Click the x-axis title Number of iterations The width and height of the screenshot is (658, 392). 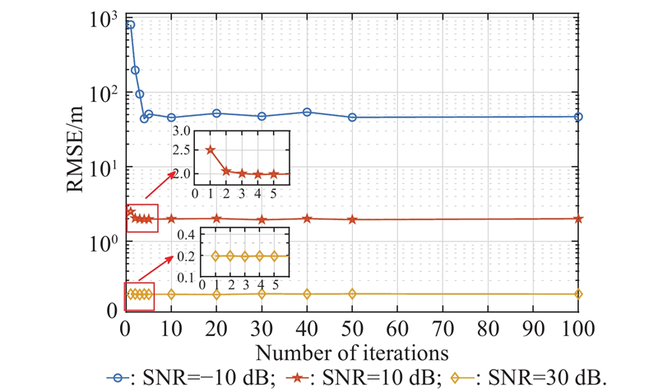(x=352, y=353)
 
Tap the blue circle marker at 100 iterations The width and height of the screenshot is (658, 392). (x=578, y=117)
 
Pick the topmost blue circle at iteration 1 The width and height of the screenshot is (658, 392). (x=130, y=25)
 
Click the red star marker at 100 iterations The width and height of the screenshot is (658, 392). (x=578, y=219)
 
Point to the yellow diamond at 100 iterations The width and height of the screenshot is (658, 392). (x=578, y=293)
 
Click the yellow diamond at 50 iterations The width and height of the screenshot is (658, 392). (x=352, y=293)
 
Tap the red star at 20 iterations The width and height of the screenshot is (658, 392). (x=216, y=219)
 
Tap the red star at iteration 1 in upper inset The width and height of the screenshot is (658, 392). (x=210, y=150)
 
